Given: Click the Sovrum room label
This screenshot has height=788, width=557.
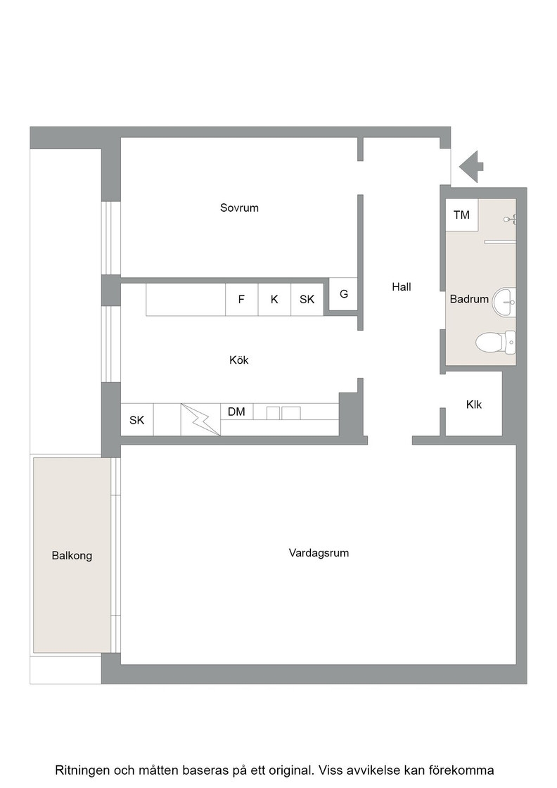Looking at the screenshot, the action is point(239,208).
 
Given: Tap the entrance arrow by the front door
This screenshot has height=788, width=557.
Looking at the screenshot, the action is point(471,166).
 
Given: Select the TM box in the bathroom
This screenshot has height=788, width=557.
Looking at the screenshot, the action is point(461,215).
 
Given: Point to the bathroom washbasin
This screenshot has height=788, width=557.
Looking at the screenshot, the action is point(504,303).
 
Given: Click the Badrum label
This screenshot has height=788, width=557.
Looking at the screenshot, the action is point(469,299).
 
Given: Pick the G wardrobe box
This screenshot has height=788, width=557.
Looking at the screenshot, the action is point(343,294).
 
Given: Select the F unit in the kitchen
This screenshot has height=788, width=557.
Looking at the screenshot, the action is point(242,300).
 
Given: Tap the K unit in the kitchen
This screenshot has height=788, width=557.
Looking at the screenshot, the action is point(274,300).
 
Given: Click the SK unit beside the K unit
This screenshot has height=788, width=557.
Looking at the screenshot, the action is point(307,300).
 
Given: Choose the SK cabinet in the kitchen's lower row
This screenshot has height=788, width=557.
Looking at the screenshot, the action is point(137,419).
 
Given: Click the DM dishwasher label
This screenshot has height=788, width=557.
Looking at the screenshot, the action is point(236,412).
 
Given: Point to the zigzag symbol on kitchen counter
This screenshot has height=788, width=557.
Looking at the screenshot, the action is point(200,419).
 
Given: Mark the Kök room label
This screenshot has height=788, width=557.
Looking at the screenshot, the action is point(239,360).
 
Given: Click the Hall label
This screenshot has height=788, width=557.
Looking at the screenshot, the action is point(402,287).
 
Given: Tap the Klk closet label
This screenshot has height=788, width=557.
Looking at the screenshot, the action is point(473,405).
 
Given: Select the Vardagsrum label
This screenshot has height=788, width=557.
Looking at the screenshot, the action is point(319,553).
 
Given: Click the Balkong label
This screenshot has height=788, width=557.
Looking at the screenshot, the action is point(72,556).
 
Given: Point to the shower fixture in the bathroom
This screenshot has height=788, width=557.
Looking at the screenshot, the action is point(511,219).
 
